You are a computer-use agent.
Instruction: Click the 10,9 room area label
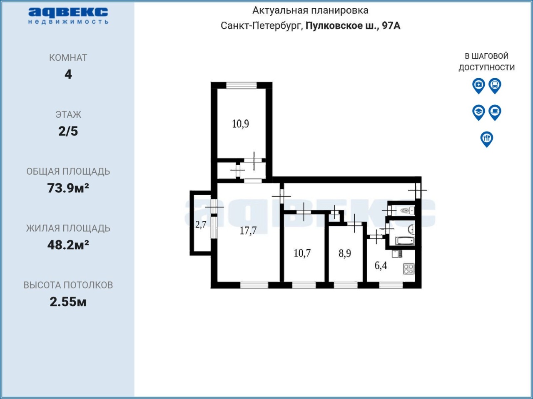tap(240, 124)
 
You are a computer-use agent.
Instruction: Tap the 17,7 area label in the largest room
tap(248, 230)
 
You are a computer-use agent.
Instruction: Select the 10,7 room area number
tap(302, 253)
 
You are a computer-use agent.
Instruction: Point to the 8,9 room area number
tap(345, 253)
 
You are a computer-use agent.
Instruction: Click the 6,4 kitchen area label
tap(381, 265)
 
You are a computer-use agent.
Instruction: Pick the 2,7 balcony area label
tap(201, 225)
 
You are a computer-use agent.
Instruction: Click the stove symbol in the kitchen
tap(408, 269)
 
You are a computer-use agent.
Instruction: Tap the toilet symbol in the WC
tap(407, 210)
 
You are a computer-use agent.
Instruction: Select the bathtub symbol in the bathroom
tap(405, 241)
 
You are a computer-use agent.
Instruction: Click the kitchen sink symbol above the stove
tap(397, 254)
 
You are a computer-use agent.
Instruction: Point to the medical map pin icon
tap(478, 86)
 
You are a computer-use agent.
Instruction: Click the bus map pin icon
tap(495, 86)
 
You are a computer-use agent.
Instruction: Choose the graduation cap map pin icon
tap(478, 113)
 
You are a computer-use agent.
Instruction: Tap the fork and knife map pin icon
tap(487, 139)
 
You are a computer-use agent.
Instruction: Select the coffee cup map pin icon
tap(495, 113)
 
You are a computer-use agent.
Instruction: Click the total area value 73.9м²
tap(68, 188)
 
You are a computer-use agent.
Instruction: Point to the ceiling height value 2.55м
tap(68, 302)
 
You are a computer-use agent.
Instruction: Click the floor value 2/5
tap(68, 131)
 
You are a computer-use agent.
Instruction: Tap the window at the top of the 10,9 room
tap(242, 85)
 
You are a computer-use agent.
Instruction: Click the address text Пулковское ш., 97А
tap(353, 25)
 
